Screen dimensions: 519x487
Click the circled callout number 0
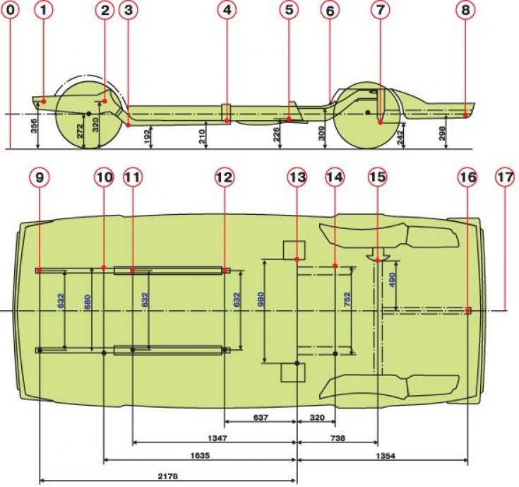pyautogui.click(x=11, y=10)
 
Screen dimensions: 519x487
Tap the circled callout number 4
pyautogui.click(x=227, y=10)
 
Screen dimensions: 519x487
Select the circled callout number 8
pyautogui.click(x=465, y=10)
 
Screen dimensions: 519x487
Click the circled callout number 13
pyautogui.click(x=297, y=177)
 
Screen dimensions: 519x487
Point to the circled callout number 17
pyautogui.click(x=505, y=177)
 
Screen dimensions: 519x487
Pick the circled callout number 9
pyautogui.click(x=40, y=177)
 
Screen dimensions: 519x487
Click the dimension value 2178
pyautogui.click(x=167, y=476)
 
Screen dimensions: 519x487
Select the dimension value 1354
pyautogui.click(x=386, y=456)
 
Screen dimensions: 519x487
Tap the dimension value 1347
pyautogui.click(x=217, y=438)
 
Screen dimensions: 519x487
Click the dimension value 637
pyautogui.click(x=261, y=418)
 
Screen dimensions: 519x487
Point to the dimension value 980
pyautogui.click(x=261, y=299)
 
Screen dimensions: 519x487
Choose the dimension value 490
pyautogui.click(x=392, y=280)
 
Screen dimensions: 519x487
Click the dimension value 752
pyautogui.click(x=347, y=299)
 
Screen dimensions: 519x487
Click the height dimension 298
pyautogui.click(x=443, y=133)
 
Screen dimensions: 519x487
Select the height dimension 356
pyautogui.click(x=34, y=126)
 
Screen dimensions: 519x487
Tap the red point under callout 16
pyautogui.click(x=467, y=310)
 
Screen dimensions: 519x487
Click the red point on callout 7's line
pyautogui.click(x=381, y=122)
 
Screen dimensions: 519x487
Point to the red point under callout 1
pyautogui.click(x=44, y=101)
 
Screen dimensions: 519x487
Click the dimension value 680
pyautogui.click(x=87, y=302)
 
